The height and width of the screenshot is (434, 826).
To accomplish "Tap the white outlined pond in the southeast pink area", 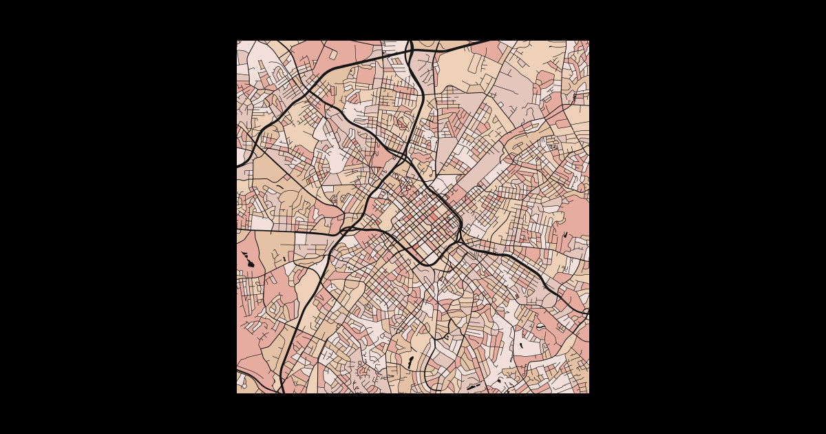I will [540, 327].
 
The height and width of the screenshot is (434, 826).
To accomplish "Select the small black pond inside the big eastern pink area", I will [565, 236].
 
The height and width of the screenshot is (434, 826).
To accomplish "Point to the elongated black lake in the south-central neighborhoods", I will [411, 362].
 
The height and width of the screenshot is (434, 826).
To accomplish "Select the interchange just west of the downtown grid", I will [348, 230].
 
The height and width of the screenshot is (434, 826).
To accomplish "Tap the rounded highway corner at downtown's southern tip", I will [427, 264].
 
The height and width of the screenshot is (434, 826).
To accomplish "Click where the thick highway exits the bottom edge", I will [282, 391].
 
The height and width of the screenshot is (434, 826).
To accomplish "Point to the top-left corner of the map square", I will [237, 41].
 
